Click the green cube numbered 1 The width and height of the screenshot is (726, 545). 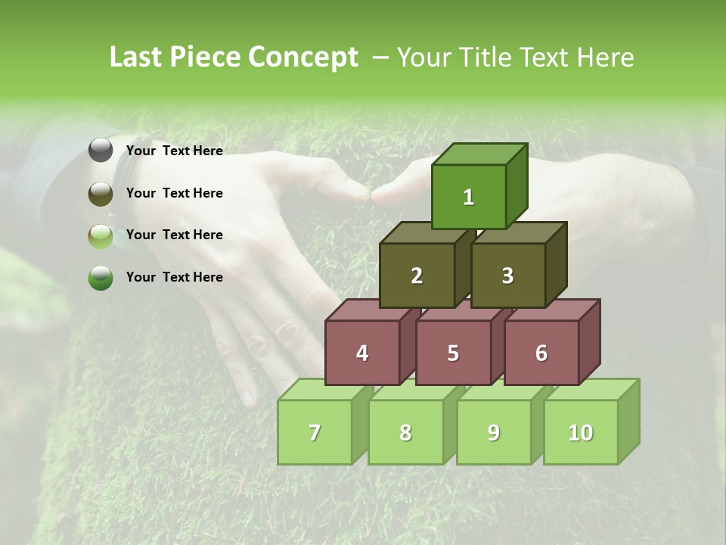tap(469, 197)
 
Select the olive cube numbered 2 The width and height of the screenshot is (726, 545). tap(417, 276)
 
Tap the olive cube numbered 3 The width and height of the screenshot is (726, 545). tap(507, 276)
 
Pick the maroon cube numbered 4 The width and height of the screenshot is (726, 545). tap(362, 353)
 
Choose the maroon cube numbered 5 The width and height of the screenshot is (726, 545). tap(453, 353)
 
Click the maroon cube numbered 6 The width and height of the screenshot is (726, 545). tap(541, 353)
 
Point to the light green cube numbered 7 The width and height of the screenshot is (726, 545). tap(315, 432)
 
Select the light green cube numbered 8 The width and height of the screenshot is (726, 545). tap(405, 432)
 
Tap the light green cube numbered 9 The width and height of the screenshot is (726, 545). tap(494, 432)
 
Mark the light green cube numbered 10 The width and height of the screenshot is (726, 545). tap(581, 432)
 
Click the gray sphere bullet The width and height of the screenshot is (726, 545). tap(101, 151)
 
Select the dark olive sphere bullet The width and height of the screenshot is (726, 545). tap(101, 193)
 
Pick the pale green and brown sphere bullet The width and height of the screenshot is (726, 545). tap(101, 235)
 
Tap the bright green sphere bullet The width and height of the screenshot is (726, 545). tap(101, 278)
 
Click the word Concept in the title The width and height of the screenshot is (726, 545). tap(302, 58)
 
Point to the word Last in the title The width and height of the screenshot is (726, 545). tap(137, 58)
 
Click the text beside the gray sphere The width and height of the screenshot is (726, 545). tap(174, 151)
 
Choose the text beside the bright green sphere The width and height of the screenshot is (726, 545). tap(174, 277)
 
